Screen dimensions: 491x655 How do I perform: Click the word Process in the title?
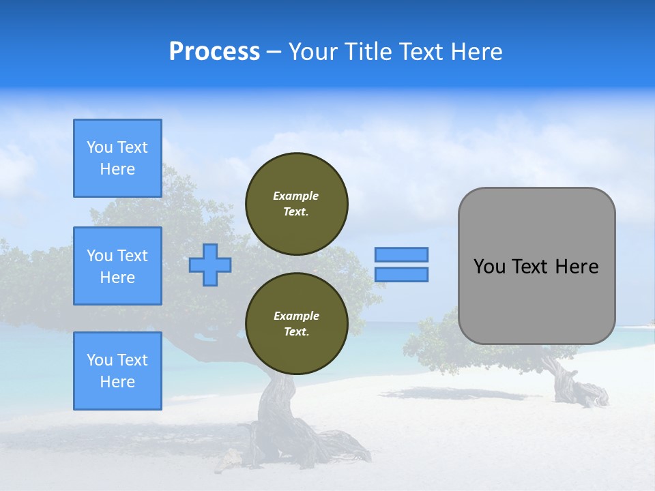click(214, 52)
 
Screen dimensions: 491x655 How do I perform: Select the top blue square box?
click(117, 158)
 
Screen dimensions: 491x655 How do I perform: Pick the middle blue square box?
click(117, 266)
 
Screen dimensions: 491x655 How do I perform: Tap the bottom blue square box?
click(117, 371)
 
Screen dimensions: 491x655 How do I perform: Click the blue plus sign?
click(210, 265)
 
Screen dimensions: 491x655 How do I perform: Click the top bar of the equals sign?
click(401, 255)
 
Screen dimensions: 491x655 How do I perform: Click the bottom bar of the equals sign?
click(401, 274)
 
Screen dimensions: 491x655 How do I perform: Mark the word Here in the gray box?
click(577, 267)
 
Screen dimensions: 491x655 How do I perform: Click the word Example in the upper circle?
click(296, 196)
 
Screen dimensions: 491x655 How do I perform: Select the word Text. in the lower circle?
click(296, 332)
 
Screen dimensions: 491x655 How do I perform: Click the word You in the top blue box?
click(100, 147)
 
